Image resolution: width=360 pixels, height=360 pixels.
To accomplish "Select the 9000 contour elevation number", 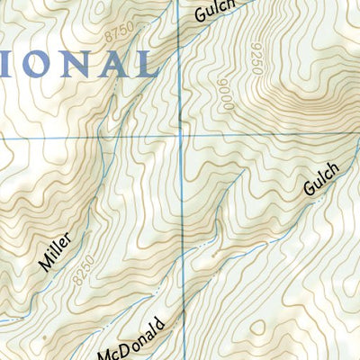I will pyautogui.click(x=225, y=94).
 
